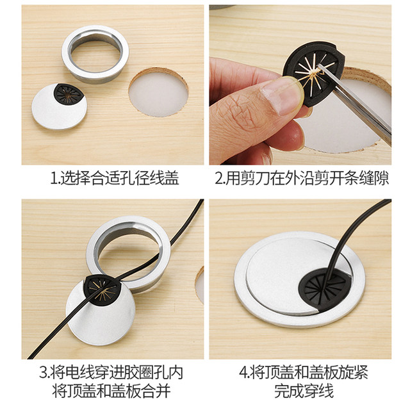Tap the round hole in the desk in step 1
tap(158, 94)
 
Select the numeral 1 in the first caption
tap(53, 179)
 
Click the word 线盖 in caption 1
tap(163, 179)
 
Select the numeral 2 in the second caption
tap(218, 179)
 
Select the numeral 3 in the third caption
tap(42, 372)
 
